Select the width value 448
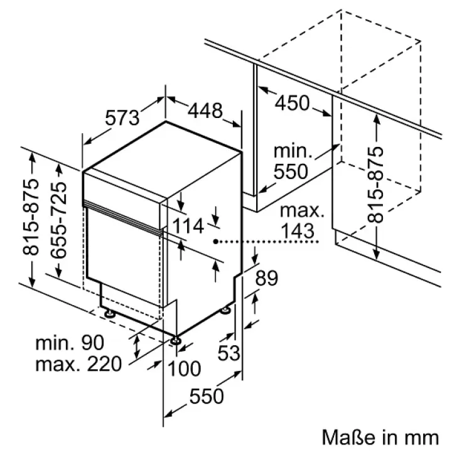pos(205,111)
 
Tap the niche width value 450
pos(293,102)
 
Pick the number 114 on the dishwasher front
pos(189,226)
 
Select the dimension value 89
pos(267,279)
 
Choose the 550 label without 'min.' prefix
pos(207,396)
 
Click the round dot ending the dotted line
pos(215,241)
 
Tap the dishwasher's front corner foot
pos(175,341)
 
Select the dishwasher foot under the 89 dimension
pos(225,310)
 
